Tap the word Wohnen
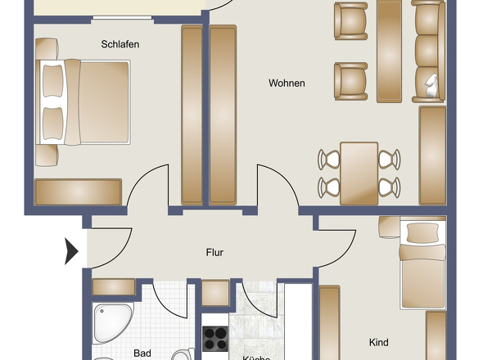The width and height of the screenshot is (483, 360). [287, 83]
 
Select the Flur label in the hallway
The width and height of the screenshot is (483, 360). [214, 253]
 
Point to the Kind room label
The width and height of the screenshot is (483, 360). [378, 342]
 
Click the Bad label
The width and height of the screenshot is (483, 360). [142, 353]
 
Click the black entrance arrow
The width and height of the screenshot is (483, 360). [71, 250]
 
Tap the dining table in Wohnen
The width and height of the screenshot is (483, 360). [359, 173]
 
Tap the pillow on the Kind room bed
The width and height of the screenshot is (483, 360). [422, 232]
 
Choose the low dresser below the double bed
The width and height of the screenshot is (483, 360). [78, 192]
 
